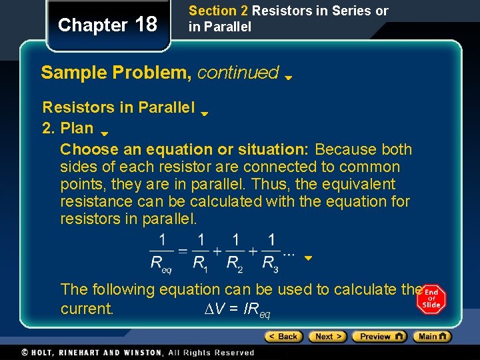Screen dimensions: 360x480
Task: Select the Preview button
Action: point(379,337)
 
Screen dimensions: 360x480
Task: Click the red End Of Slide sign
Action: point(431,299)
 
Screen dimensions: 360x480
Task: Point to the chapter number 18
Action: point(146,25)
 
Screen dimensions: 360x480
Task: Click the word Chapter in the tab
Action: point(93,25)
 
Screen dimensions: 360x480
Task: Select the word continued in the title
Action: point(238,73)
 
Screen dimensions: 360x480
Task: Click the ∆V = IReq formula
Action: point(237,309)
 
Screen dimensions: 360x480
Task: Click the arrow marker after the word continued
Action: point(289,77)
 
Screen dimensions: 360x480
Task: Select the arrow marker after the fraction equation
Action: point(308,258)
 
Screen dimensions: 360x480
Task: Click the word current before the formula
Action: point(87,309)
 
